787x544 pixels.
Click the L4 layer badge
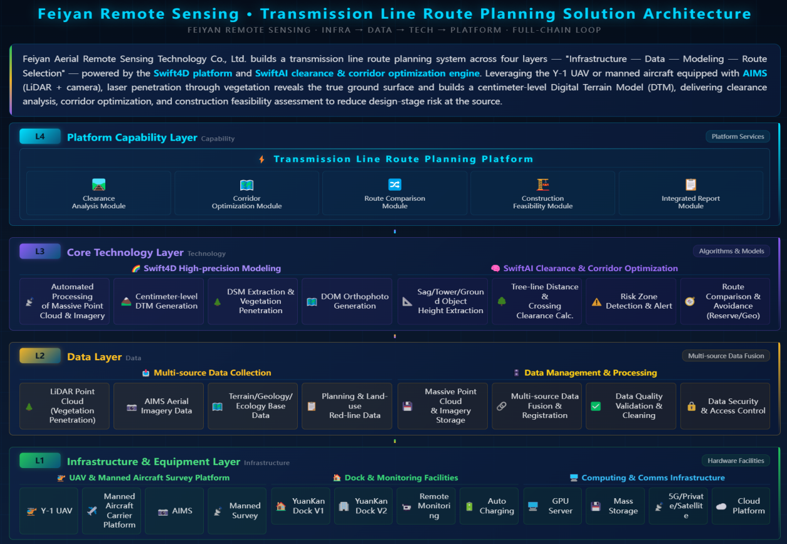coord(40,136)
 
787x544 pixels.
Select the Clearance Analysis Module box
coord(98,193)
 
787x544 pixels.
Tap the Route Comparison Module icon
coord(394,184)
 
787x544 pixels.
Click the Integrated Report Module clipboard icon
coord(690,184)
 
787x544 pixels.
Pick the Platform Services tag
coord(737,136)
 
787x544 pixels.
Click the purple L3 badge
coord(40,251)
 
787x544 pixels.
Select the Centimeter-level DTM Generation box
coord(159,301)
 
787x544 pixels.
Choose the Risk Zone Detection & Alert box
coord(631,301)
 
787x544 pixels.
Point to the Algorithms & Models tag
coord(731,251)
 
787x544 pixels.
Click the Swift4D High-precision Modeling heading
coord(212,269)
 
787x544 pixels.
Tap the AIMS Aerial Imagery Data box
coord(159,406)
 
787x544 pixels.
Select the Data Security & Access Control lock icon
coord(691,406)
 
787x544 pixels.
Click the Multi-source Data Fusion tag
coord(726,356)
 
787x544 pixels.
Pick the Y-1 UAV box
coord(49,511)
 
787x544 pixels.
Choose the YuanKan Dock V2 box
coord(363,506)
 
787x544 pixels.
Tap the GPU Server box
coord(552,506)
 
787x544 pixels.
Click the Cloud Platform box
coord(741,506)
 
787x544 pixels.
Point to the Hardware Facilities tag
coord(736,461)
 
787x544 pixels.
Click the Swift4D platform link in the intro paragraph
coord(193,73)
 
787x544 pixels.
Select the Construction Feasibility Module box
coord(542,193)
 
